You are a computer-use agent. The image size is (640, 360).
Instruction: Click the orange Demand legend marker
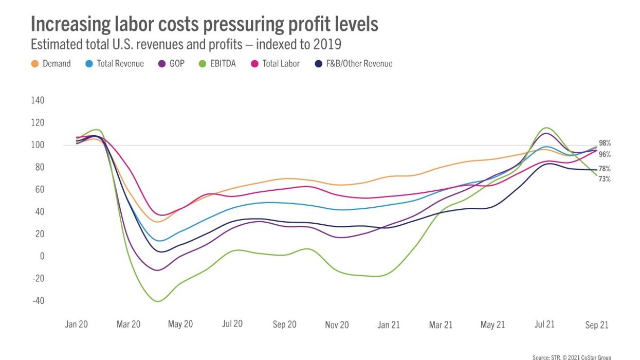coord(34,64)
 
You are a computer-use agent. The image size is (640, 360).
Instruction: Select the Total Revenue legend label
coord(121,64)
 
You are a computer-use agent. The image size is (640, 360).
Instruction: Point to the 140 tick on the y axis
coord(38,100)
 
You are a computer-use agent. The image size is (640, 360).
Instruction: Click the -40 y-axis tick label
coord(38,300)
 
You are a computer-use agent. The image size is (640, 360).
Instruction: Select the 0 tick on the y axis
coord(42,256)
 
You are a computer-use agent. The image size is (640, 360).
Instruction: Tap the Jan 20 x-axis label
coord(76,325)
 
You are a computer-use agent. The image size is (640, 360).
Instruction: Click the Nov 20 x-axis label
coord(337,325)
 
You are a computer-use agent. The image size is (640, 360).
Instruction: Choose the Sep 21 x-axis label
coord(597,325)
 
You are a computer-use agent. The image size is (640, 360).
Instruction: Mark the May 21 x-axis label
coord(492,325)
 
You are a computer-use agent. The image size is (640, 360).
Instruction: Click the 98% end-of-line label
coord(605,143)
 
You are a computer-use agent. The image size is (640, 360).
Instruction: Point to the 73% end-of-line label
coord(605,179)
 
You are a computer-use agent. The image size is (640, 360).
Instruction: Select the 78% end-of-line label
coord(605,169)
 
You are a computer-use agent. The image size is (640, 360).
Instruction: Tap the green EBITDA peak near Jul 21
coord(546,128)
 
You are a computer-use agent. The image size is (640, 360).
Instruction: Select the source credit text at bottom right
coord(572,357)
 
